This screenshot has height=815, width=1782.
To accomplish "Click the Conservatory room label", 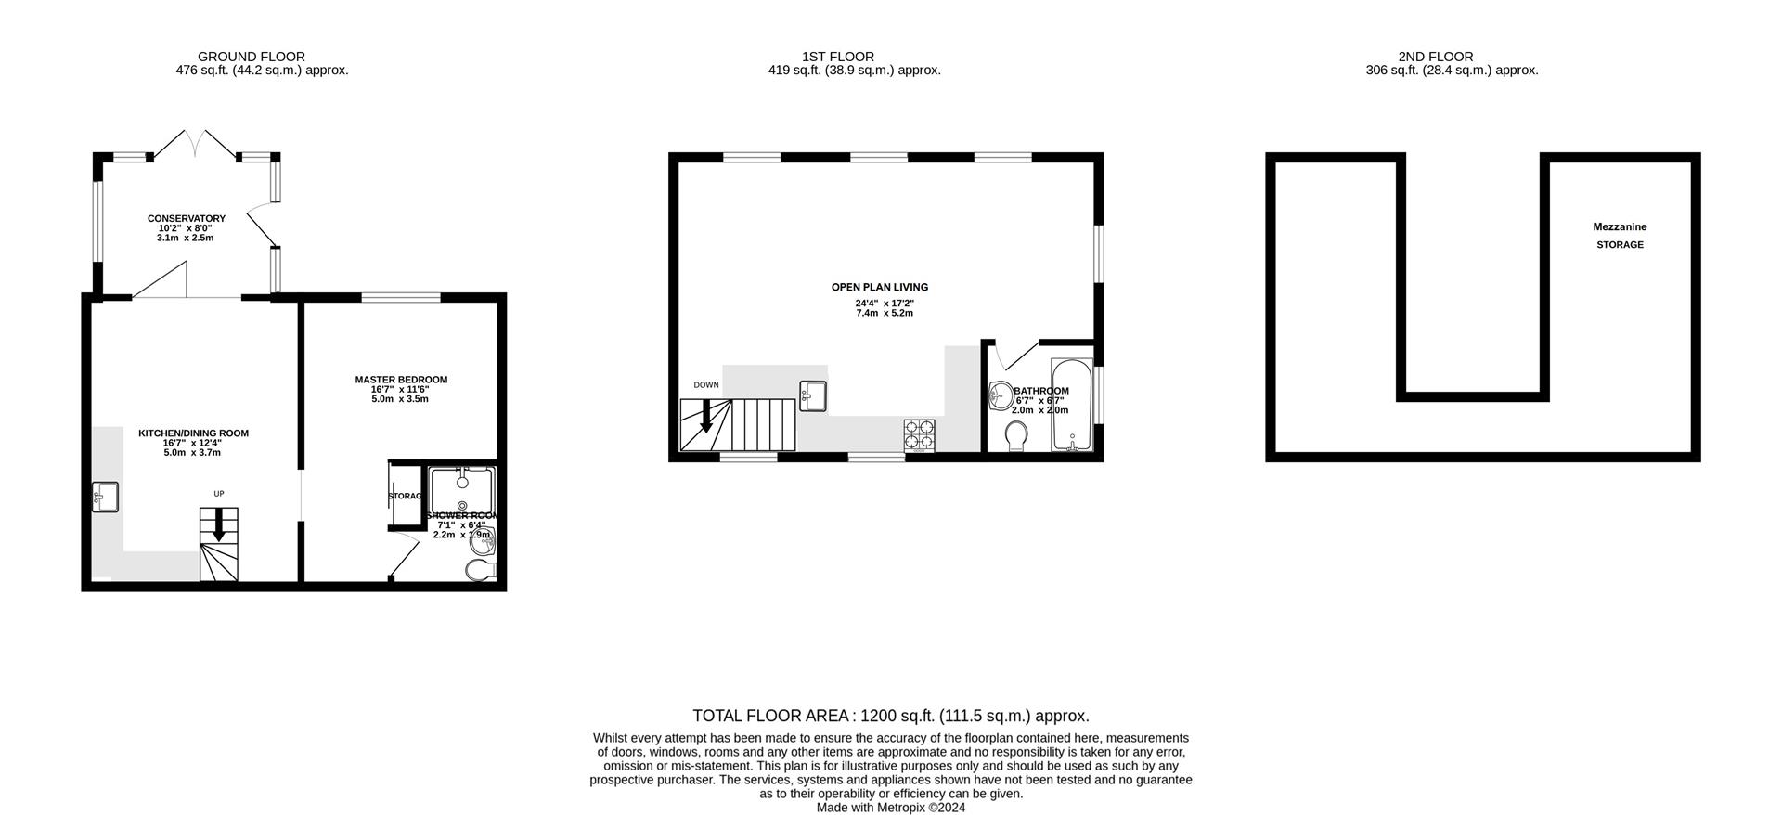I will [x=186, y=219].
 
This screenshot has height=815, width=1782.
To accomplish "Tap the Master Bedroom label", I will [x=401, y=380].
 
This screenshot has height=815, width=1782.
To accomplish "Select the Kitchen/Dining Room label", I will [x=193, y=433].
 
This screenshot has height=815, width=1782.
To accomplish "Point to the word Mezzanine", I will [x=1620, y=227].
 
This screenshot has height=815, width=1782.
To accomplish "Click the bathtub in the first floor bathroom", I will [x=1072, y=405].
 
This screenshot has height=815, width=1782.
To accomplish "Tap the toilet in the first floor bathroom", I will [x=1016, y=435].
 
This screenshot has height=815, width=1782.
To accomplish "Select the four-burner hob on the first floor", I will [x=920, y=435].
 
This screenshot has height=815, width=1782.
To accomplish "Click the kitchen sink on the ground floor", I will [x=104, y=497].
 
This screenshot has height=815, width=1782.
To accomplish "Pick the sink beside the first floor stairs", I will [x=813, y=395].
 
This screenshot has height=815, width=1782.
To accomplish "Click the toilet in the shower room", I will [x=483, y=570].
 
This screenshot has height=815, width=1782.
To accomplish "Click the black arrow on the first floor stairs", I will [x=706, y=416].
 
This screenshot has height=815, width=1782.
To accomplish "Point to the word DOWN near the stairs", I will [x=706, y=385].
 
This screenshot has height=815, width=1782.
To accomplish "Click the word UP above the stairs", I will [x=219, y=494].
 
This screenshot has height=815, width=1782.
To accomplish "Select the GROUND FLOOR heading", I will [x=252, y=57].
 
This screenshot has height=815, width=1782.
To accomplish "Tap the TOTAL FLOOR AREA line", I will [x=890, y=716].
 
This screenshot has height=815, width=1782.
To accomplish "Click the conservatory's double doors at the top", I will [x=194, y=142].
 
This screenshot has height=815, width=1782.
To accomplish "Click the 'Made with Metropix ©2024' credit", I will [x=890, y=808].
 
